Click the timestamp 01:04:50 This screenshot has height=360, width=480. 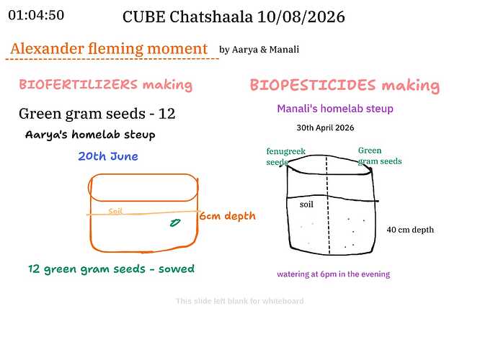point(36,15)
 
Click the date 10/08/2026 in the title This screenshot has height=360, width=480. point(301,17)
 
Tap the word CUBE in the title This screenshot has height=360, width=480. point(144,17)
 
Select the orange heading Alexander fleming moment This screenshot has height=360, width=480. point(109,49)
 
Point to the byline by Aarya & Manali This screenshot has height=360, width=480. point(259,50)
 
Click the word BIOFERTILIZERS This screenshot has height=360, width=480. point(79,84)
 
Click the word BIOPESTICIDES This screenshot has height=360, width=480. point(313,85)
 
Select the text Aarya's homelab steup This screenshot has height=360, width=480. point(90,135)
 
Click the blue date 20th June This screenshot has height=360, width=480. point(108,156)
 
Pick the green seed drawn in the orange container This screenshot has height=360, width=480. point(175,223)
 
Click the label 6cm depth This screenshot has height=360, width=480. point(228,216)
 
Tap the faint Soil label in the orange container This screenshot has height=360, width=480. point(115,211)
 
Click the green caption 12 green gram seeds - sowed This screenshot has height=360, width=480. point(112,269)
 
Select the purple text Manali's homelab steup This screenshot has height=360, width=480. point(335,109)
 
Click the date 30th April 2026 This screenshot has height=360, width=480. point(325,128)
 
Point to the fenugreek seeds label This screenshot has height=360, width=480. point(285,156)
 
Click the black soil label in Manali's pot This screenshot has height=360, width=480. point(306,204)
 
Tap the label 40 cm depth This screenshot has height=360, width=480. point(410,230)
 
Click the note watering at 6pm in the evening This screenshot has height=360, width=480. point(334,274)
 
